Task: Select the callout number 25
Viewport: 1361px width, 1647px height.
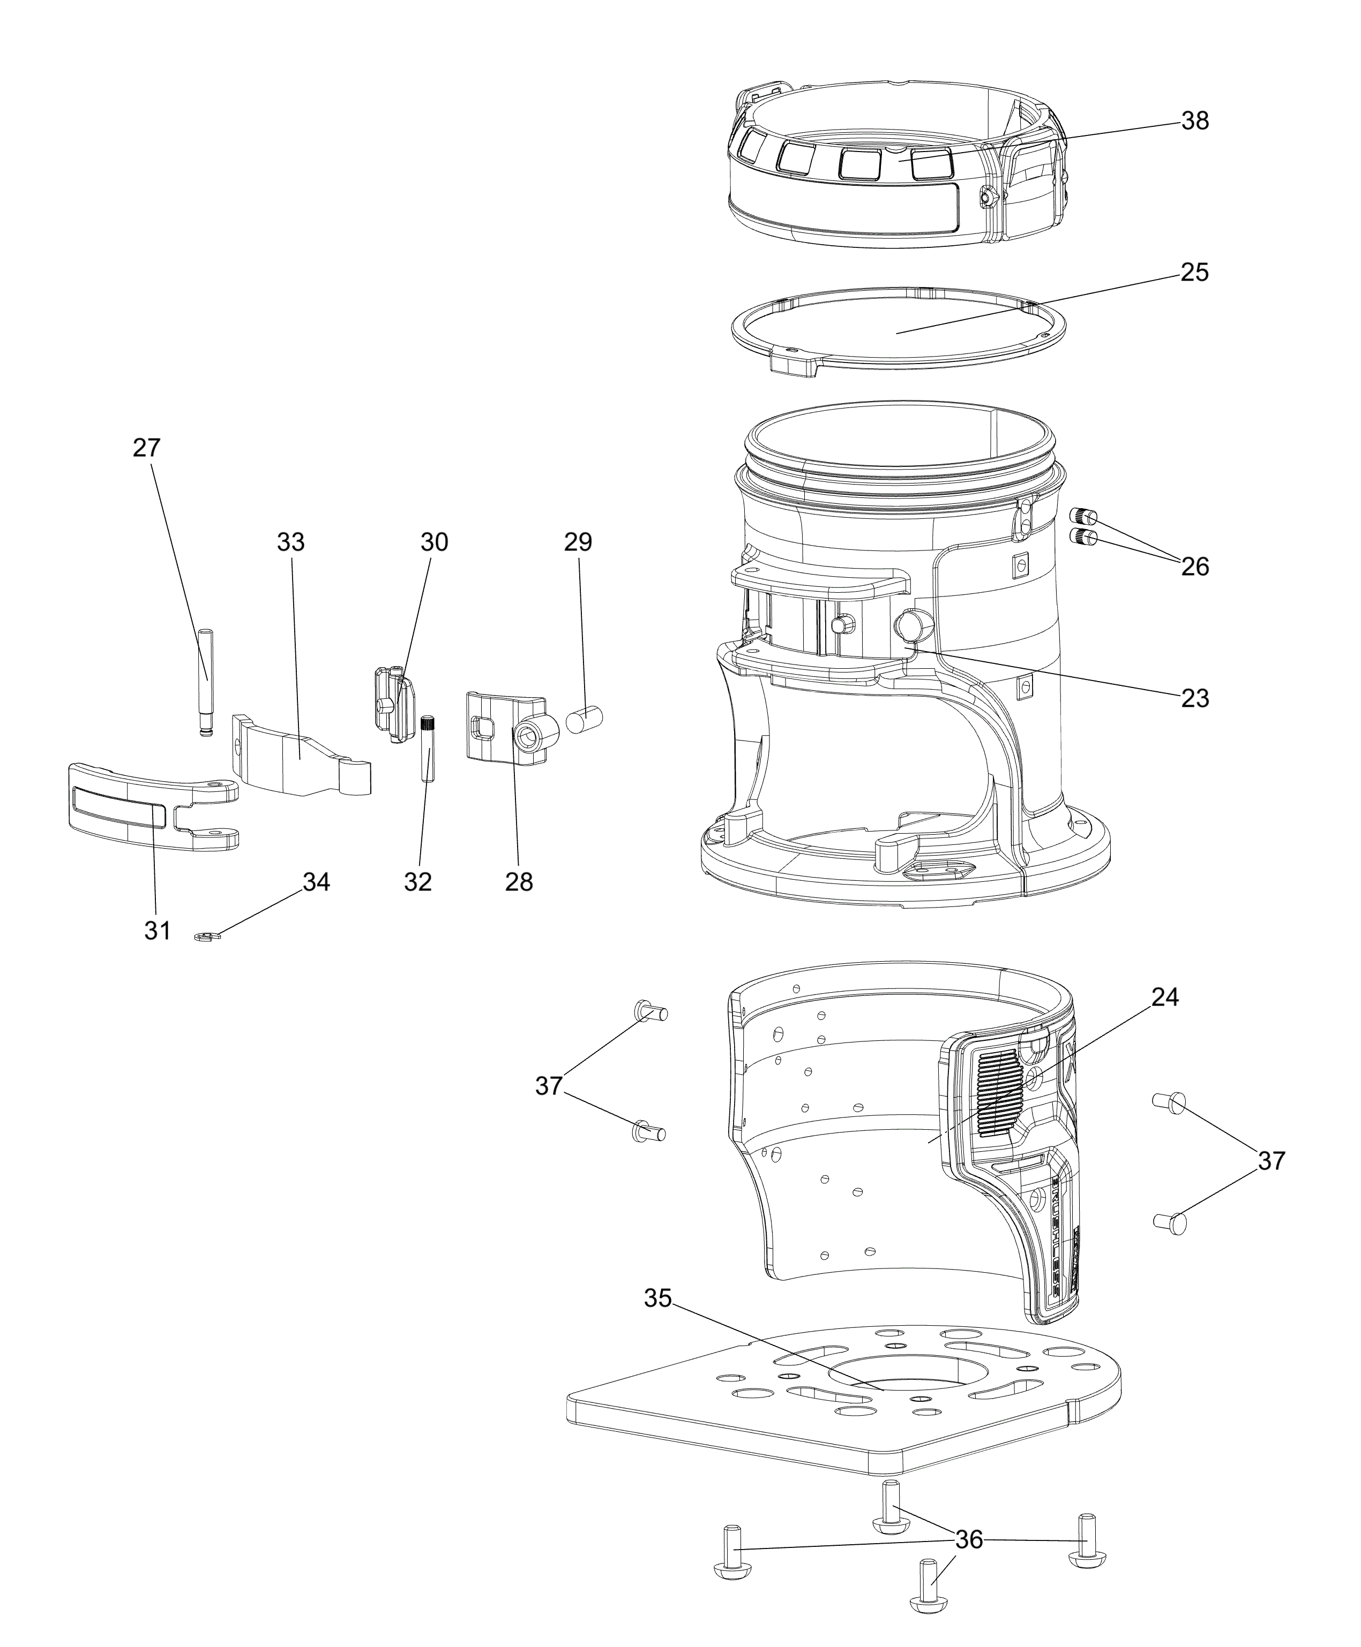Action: [1195, 272]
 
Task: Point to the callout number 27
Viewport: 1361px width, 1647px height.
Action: [147, 448]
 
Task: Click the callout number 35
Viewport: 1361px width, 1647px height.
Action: [658, 1298]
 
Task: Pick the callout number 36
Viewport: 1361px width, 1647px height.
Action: [969, 1540]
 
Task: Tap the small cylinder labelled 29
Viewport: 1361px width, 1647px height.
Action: [584, 719]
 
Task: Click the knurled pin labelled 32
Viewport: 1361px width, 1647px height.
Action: [428, 749]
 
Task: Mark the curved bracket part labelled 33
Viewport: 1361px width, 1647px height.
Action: [302, 755]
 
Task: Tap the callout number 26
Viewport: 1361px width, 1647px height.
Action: [1195, 566]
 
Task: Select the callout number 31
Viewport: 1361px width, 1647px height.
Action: [158, 930]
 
